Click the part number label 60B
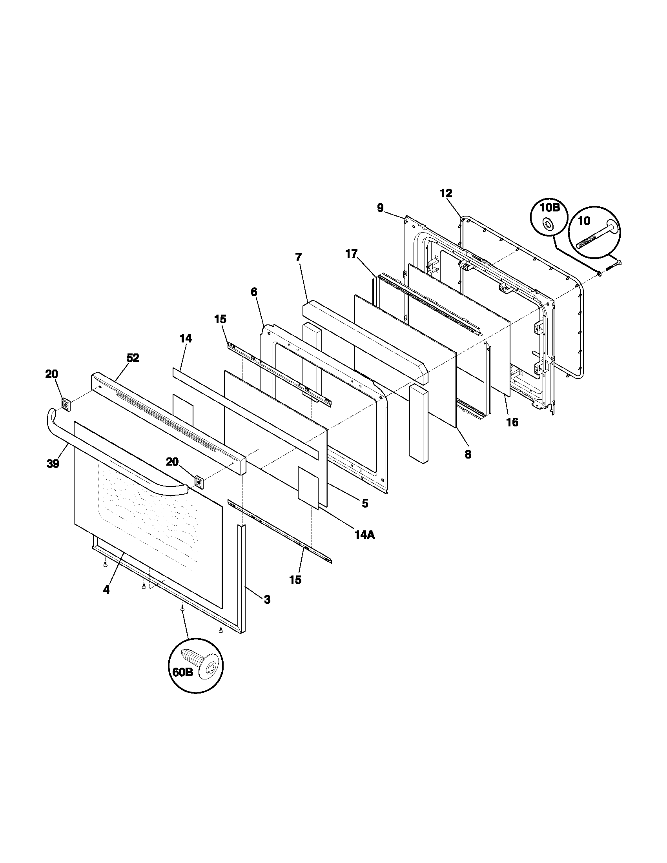point(182,671)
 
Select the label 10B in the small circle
point(550,208)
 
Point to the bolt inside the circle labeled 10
point(595,236)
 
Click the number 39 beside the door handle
point(53,464)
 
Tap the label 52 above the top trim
point(133,358)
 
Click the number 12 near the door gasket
point(446,193)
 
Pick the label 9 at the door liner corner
point(380,208)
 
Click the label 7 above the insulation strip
point(298,257)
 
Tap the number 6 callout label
point(254,292)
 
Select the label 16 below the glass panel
point(512,422)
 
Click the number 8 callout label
point(468,454)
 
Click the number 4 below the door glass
point(106,601)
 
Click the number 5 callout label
point(365,503)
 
